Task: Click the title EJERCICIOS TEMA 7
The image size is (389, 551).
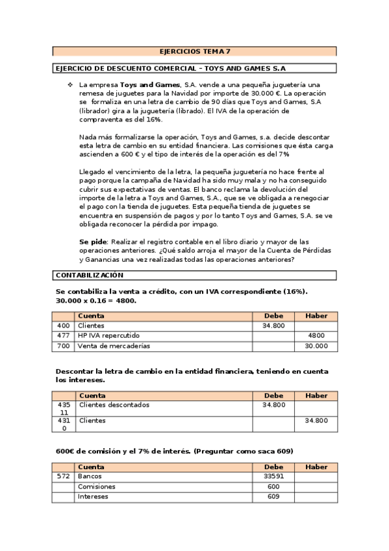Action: pos(195,51)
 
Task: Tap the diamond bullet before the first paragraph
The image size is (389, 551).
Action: pos(70,85)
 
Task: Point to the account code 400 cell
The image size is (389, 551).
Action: pos(64,326)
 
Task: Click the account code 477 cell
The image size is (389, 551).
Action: pos(64,336)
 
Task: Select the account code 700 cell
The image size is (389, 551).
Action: pos(64,346)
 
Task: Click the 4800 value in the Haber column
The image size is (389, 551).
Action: pos(316,336)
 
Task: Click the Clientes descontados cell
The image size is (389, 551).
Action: pos(114,405)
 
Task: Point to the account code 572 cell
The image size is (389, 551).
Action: pos(64,476)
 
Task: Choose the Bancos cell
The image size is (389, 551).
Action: pos(90,476)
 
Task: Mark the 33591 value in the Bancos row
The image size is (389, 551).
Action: pos(273,476)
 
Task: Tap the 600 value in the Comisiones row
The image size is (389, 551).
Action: pos(273,487)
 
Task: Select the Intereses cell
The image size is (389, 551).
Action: pos(93,497)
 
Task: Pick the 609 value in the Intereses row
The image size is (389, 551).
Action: pos(273,497)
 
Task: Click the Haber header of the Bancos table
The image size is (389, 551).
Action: pos(316,467)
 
